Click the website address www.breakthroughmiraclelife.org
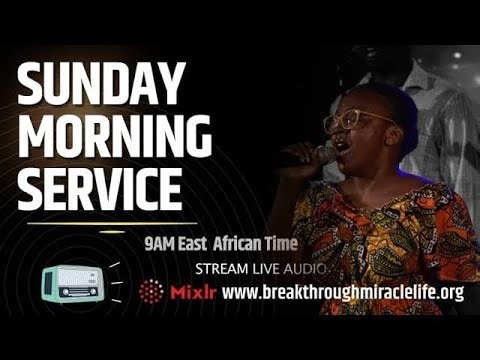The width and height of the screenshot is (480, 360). pyautogui.click(x=343, y=293)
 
